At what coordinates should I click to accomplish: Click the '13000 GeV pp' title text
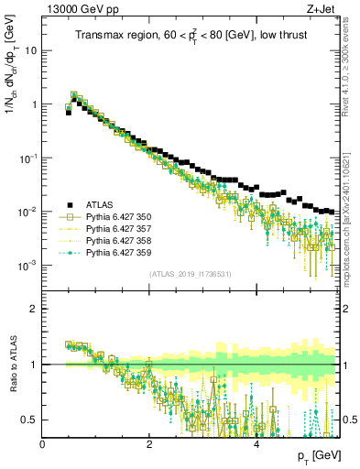pos(76,9)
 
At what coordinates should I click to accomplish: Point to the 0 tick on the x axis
pos(43,443)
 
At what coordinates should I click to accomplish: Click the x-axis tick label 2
pos(149,443)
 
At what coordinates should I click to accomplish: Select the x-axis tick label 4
pos(256,443)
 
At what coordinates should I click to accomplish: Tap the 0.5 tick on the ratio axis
pos(30,420)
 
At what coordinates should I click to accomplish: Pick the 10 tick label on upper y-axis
pos(30,50)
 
